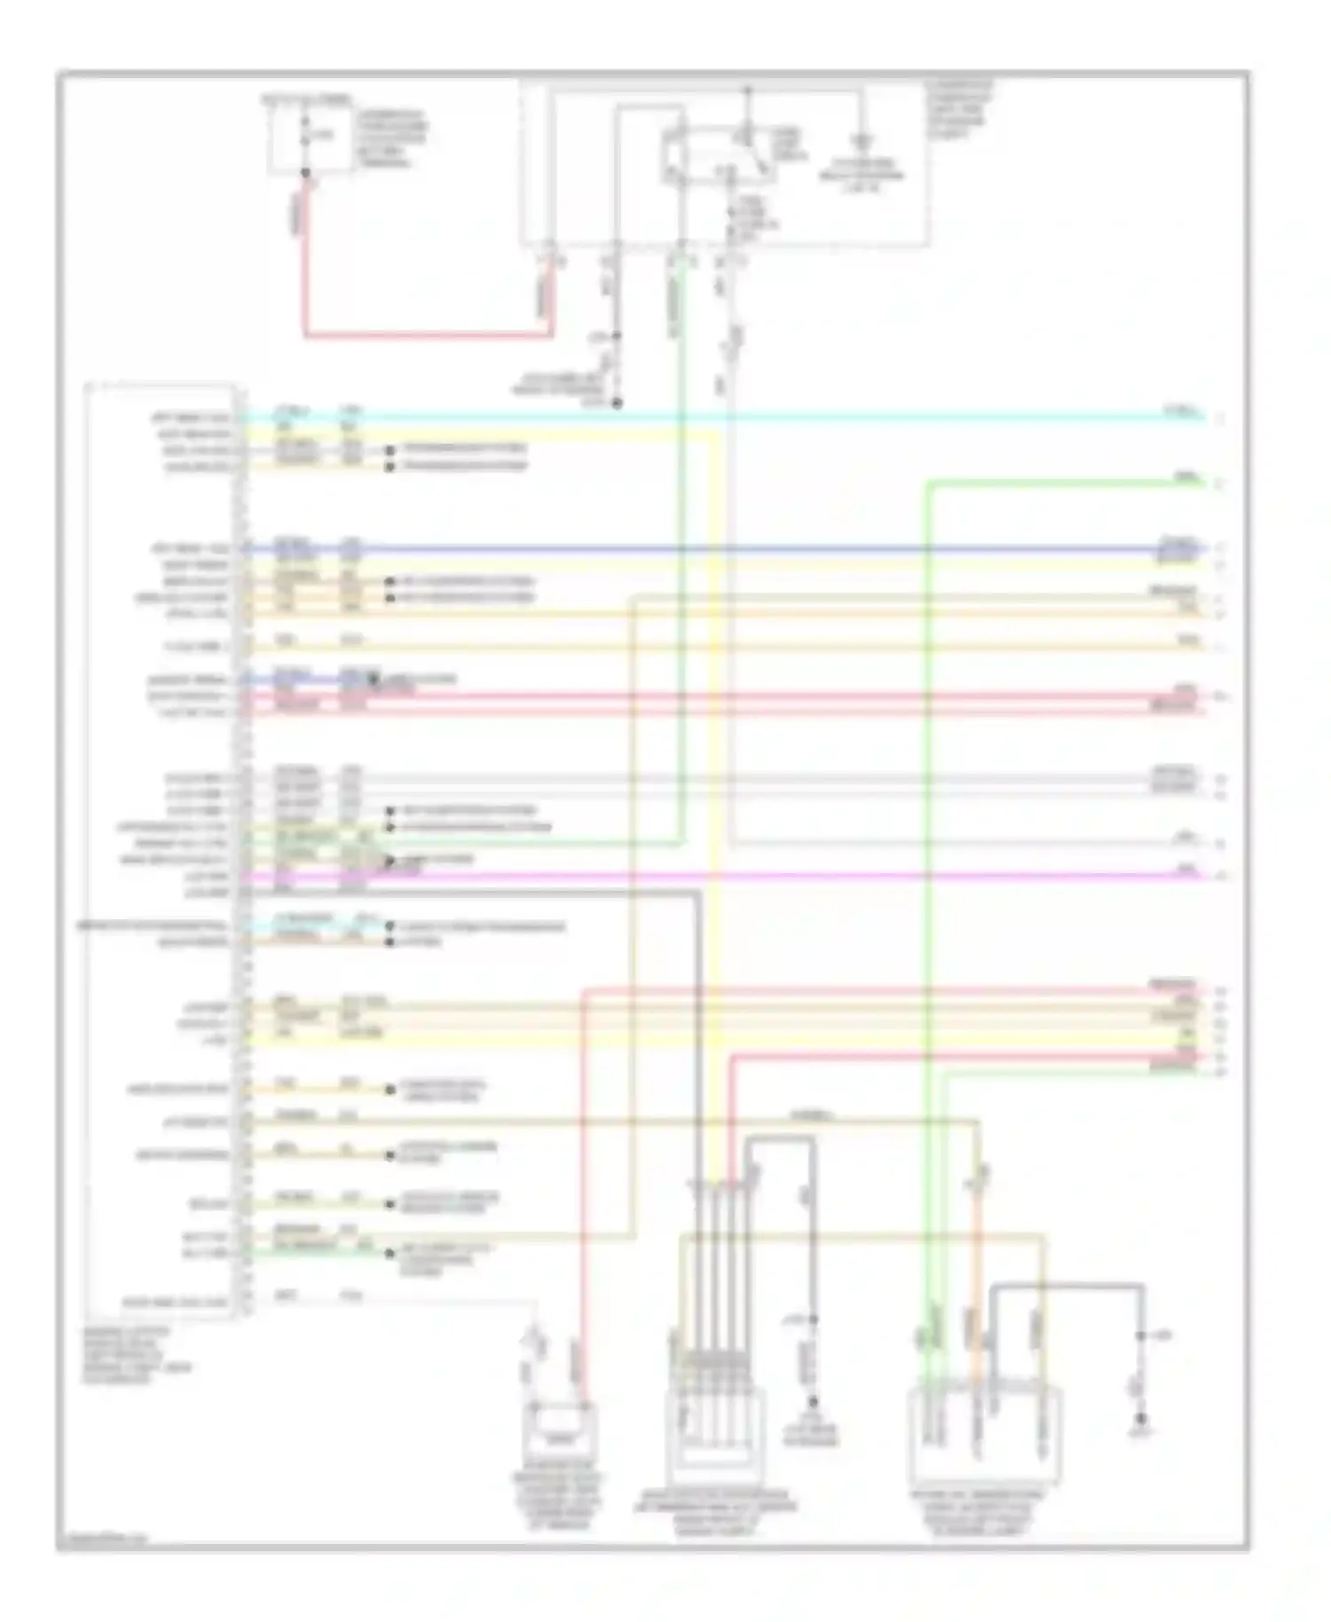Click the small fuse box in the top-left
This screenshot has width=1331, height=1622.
point(306,135)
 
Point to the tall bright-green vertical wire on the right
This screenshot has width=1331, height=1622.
point(927,799)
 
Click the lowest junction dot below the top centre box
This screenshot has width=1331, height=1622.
point(618,404)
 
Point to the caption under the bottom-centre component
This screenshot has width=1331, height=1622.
point(715,1508)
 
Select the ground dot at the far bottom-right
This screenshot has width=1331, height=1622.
point(1143,1418)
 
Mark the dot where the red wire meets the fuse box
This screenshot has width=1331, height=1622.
point(306,173)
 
